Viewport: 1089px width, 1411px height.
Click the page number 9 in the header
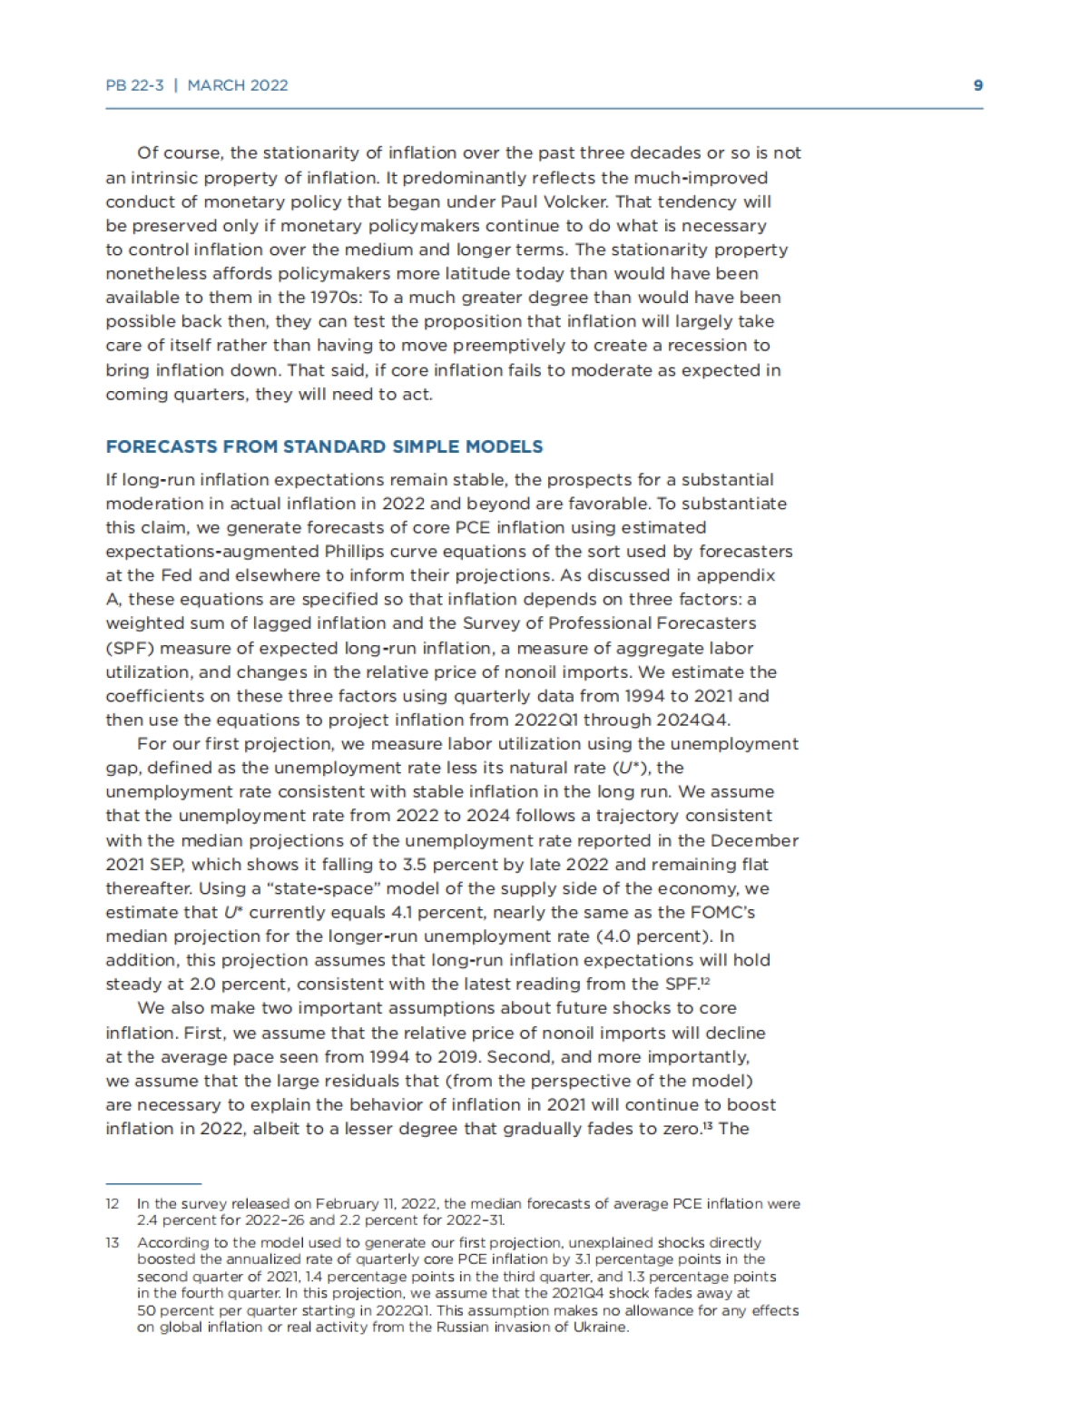(x=977, y=85)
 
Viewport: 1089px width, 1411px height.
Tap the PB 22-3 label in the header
(x=134, y=85)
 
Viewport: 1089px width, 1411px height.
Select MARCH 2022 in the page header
(x=238, y=85)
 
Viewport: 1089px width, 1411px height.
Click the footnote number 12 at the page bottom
(x=113, y=1204)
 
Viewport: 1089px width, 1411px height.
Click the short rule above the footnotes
(x=152, y=1183)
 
